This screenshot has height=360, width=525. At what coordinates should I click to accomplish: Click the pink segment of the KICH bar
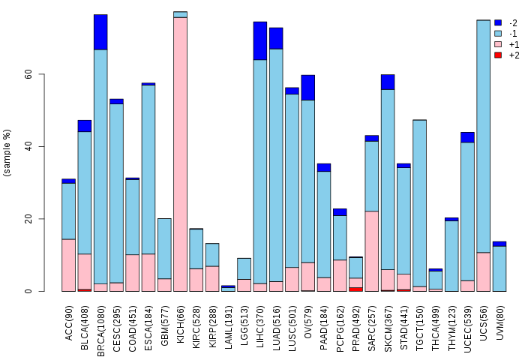pos(180,154)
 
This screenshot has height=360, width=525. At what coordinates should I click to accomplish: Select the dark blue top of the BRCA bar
pos(100,32)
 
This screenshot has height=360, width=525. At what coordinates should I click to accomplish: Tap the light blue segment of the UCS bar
pos(484,136)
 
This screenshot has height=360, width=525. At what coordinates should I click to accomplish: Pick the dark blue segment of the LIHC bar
pos(260,40)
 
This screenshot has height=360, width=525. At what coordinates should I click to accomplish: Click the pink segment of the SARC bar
pos(372,251)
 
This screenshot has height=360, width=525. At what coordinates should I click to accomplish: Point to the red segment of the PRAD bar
pos(356,289)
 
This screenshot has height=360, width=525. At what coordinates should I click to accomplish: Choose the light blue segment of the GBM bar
pos(164,248)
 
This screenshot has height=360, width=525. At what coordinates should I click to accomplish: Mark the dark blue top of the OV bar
pos(308,88)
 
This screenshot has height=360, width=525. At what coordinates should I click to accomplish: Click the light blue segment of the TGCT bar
pos(419,203)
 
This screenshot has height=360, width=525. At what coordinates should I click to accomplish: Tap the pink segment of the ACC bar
pos(69,265)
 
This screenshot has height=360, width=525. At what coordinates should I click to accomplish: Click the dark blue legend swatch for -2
pos(498,22)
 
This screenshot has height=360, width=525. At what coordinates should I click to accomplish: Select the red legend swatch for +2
pos(498,55)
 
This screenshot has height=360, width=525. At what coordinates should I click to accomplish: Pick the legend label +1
pos(514,44)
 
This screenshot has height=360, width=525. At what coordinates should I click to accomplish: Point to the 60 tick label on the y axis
pos(28,74)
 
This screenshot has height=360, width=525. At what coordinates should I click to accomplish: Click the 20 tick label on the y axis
pos(28,219)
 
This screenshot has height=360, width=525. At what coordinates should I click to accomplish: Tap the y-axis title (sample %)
pos(7,153)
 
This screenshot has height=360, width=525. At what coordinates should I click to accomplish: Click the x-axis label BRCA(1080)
pos(100,331)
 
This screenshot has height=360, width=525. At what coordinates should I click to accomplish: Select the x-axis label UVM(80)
pos(499,322)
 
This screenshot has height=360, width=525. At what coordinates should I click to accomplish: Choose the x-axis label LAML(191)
pos(229,327)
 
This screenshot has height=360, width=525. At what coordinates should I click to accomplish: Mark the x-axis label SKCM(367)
pos(388,328)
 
